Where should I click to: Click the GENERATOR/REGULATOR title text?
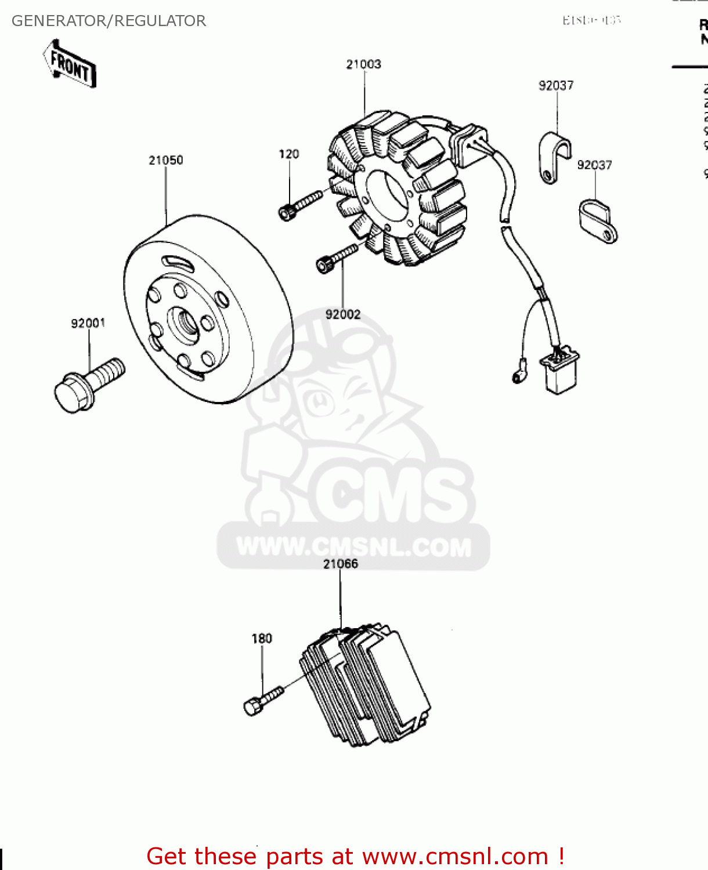[x=109, y=21]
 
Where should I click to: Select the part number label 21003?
[x=363, y=64]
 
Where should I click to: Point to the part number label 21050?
[x=165, y=160]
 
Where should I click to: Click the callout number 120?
[x=288, y=154]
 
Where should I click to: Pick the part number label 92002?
[x=342, y=314]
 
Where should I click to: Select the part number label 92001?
[x=88, y=323]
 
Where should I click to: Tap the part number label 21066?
[x=340, y=564]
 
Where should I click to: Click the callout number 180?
[x=261, y=639]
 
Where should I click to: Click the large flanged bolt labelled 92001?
[x=87, y=385]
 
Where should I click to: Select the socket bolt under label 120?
[x=299, y=206]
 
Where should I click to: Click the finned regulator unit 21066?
[x=366, y=687]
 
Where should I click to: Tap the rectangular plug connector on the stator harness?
[x=559, y=372]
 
